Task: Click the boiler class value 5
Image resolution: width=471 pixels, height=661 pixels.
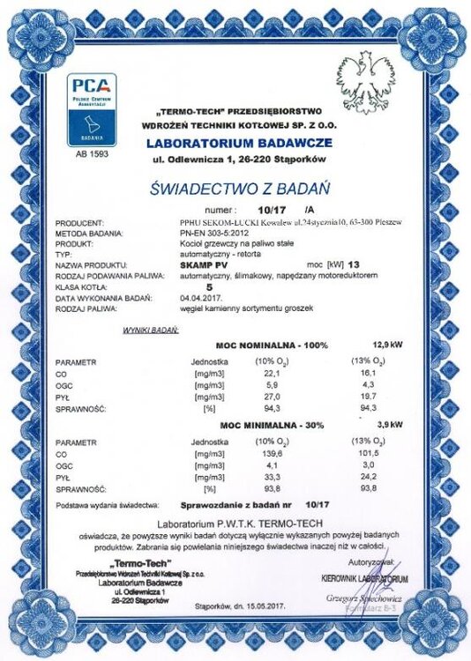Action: point(209,286)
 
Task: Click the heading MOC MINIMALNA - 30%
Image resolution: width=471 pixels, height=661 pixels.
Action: point(267,426)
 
